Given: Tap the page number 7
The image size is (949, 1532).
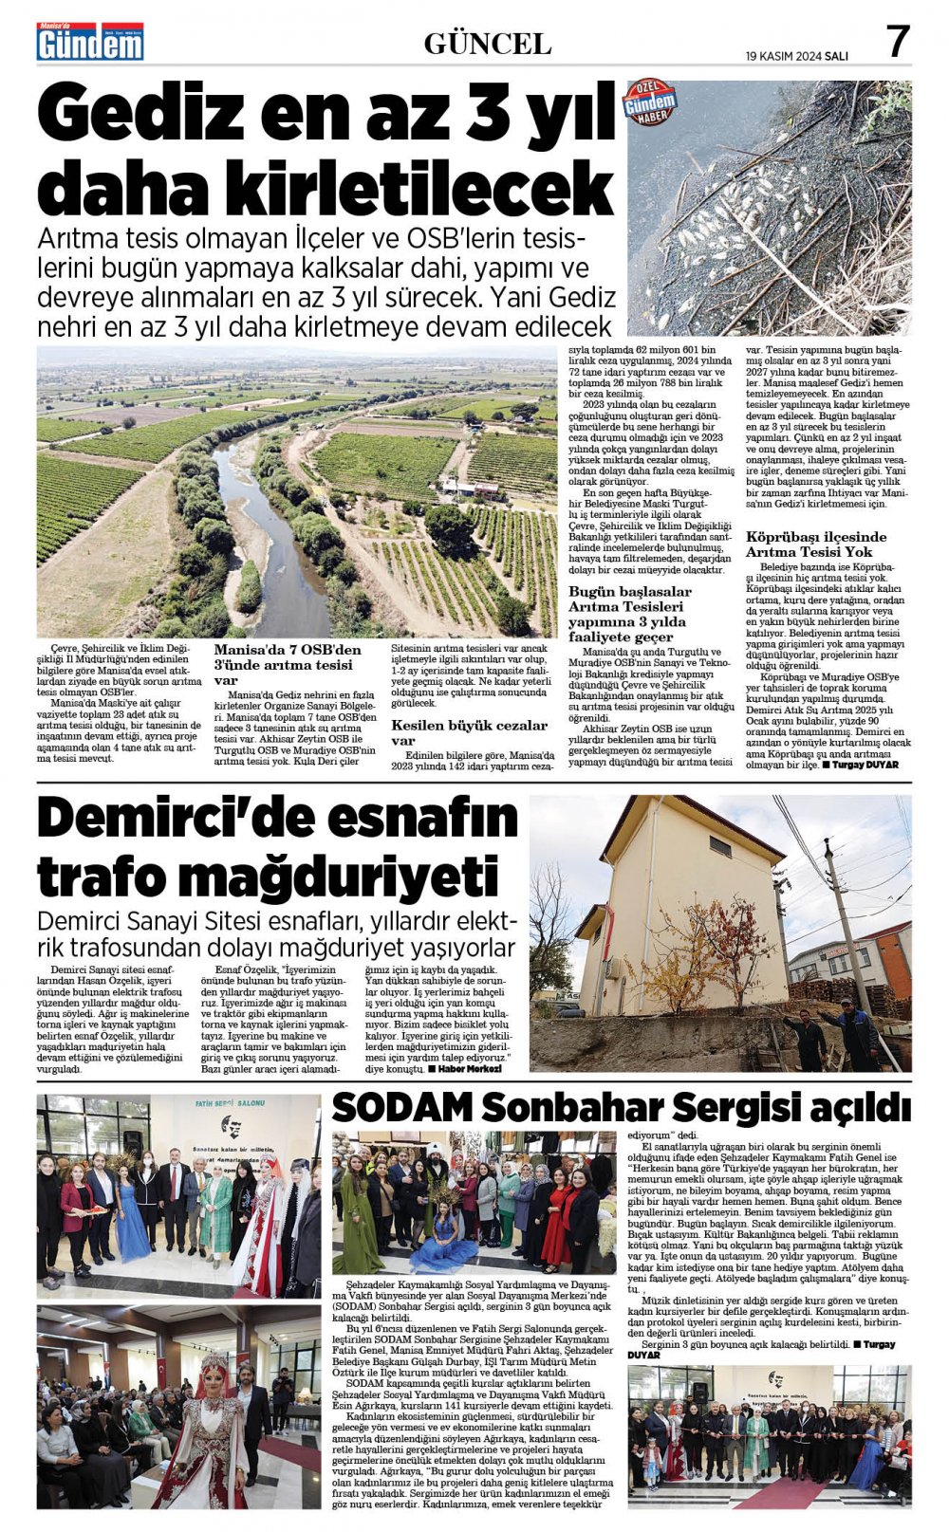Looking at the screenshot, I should pyautogui.click(x=898, y=41).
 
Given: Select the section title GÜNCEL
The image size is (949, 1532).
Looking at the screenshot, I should pyautogui.click(x=487, y=44).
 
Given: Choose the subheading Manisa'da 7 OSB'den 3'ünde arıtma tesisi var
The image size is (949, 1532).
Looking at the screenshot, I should pyautogui.click(x=288, y=664).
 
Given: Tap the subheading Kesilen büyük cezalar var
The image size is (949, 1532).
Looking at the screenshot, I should pyautogui.click(x=469, y=732).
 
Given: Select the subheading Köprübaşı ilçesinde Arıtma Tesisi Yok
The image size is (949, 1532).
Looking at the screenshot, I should pyautogui.click(x=815, y=544).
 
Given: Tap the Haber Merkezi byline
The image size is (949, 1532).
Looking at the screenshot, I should pyautogui.click(x=469, y=1069).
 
